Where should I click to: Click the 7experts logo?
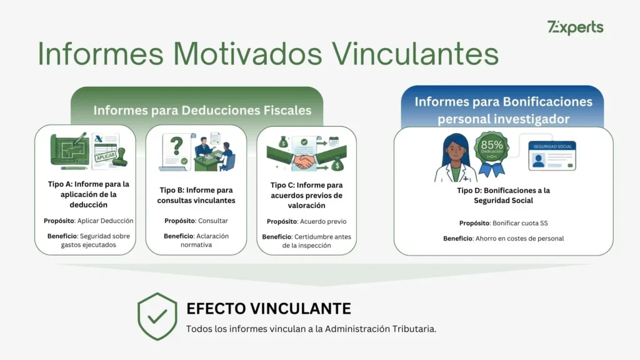coord(575,27)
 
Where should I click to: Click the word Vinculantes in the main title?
coord(415,54)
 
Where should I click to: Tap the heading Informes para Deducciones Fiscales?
coord(202,111)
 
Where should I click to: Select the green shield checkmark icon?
coord(157,316)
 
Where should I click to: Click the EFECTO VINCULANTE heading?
coord(268,308)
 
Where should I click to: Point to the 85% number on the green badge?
coord(492,145)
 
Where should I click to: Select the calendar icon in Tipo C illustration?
coord(333,142)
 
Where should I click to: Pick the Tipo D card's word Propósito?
coord(474,222)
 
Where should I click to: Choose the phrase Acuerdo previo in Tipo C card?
coord(324,221)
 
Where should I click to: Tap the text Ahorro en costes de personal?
coord(519,238)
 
